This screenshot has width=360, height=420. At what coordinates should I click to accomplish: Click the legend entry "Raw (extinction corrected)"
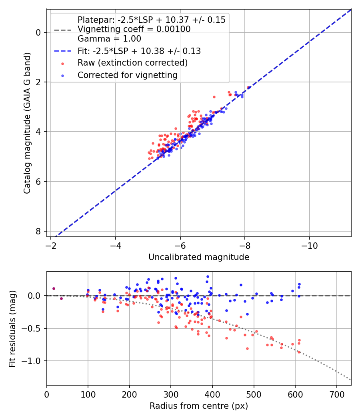[132, 63]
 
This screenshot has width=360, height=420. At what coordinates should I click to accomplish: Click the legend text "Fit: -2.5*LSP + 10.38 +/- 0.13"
[139, 51]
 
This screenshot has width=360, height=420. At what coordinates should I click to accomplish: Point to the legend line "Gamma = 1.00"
[109, 39]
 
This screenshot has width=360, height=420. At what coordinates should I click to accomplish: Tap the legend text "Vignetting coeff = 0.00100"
[134, 29]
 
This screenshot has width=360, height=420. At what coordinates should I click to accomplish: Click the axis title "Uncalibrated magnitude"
[199, 257]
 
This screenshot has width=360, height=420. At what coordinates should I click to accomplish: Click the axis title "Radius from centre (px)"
[199, 406]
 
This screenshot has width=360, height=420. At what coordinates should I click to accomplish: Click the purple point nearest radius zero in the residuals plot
[54, 288]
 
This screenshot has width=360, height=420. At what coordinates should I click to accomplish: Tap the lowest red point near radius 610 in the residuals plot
[299, 352]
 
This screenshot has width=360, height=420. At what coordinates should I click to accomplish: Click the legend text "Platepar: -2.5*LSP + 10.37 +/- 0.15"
[151, 20]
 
